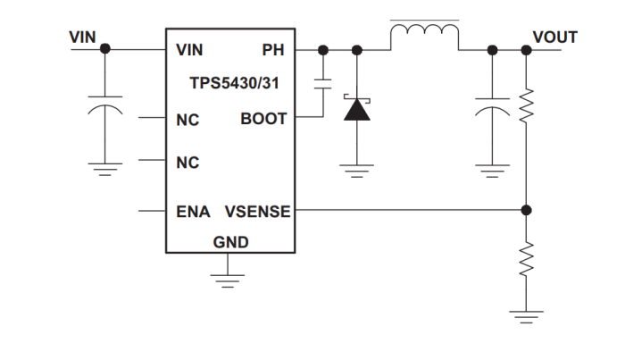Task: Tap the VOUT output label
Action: click(x=554, y=38)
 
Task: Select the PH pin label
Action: click(x=272, y=50)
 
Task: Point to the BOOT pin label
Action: click(x=263, y=119)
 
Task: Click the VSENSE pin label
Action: click(x=257, y=212)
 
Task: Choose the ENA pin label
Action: click(x=192, y=212)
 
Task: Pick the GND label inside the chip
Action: click(x=230, y=242)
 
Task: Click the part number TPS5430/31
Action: click(x=230, y=83)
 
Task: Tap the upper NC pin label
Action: click(x=187, y=119)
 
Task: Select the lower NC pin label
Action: click(x=187, y=163)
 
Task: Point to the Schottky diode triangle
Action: click(x=358, y=109)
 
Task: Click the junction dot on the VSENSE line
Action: click(x=526, y=211)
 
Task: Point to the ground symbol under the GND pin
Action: click(x=229, y=278)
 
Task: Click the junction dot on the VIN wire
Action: click(x=105, y=49)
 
